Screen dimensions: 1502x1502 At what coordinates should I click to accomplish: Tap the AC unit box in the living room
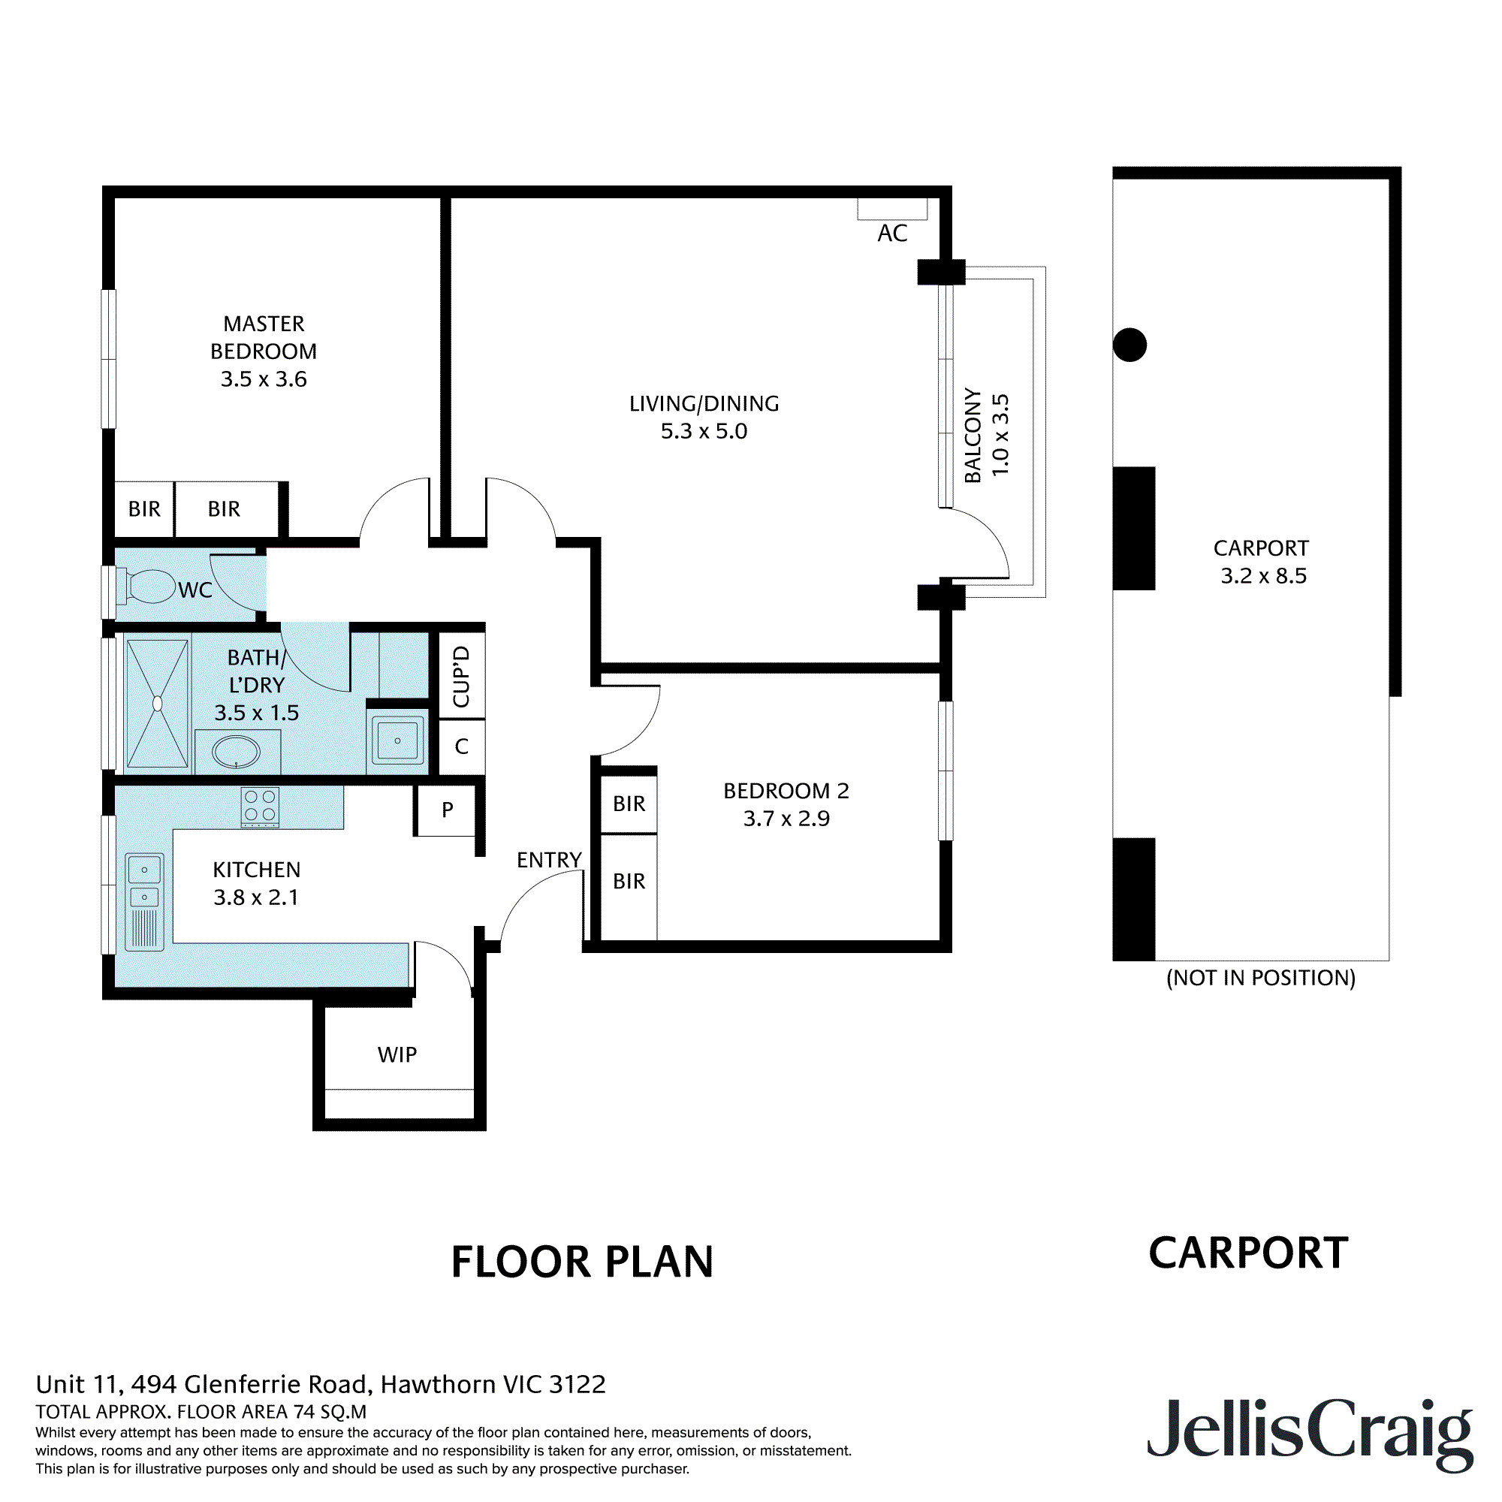click(x=891, y=209)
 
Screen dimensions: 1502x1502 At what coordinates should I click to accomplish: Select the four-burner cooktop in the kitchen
click(x=260, y=807)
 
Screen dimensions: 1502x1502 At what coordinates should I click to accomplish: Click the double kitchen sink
click(x=145, y=882)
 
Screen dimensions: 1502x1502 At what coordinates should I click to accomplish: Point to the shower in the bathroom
click(x=157, y=704)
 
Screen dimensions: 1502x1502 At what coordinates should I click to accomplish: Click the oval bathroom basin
click(x=236, y=752)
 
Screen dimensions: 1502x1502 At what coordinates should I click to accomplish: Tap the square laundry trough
click(x=397, y=740)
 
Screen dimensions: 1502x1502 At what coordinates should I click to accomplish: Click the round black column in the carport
click(x=1130, y=345)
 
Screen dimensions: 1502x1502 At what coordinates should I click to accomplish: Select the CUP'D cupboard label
click(x=462, y=676)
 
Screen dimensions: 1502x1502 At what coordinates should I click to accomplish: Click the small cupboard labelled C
click(x=462, y=746)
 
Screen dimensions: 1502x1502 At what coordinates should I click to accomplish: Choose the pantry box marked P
click(x=446, y=810)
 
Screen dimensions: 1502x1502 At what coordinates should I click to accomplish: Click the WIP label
click(x=397, y=1055)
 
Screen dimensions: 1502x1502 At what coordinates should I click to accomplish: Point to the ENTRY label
click(x=549, y=860)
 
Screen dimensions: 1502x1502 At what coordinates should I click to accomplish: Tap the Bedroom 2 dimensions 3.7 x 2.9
click(x=786, y=819)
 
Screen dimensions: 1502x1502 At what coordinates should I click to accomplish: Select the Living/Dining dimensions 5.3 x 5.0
click(x=704, y=432)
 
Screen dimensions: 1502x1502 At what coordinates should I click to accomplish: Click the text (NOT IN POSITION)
click(x=1260, y=978)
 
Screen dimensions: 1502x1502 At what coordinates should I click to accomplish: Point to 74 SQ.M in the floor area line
click(x=330, y=1412)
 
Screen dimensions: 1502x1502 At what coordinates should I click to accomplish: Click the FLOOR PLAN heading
click(x=582, y=1262)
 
